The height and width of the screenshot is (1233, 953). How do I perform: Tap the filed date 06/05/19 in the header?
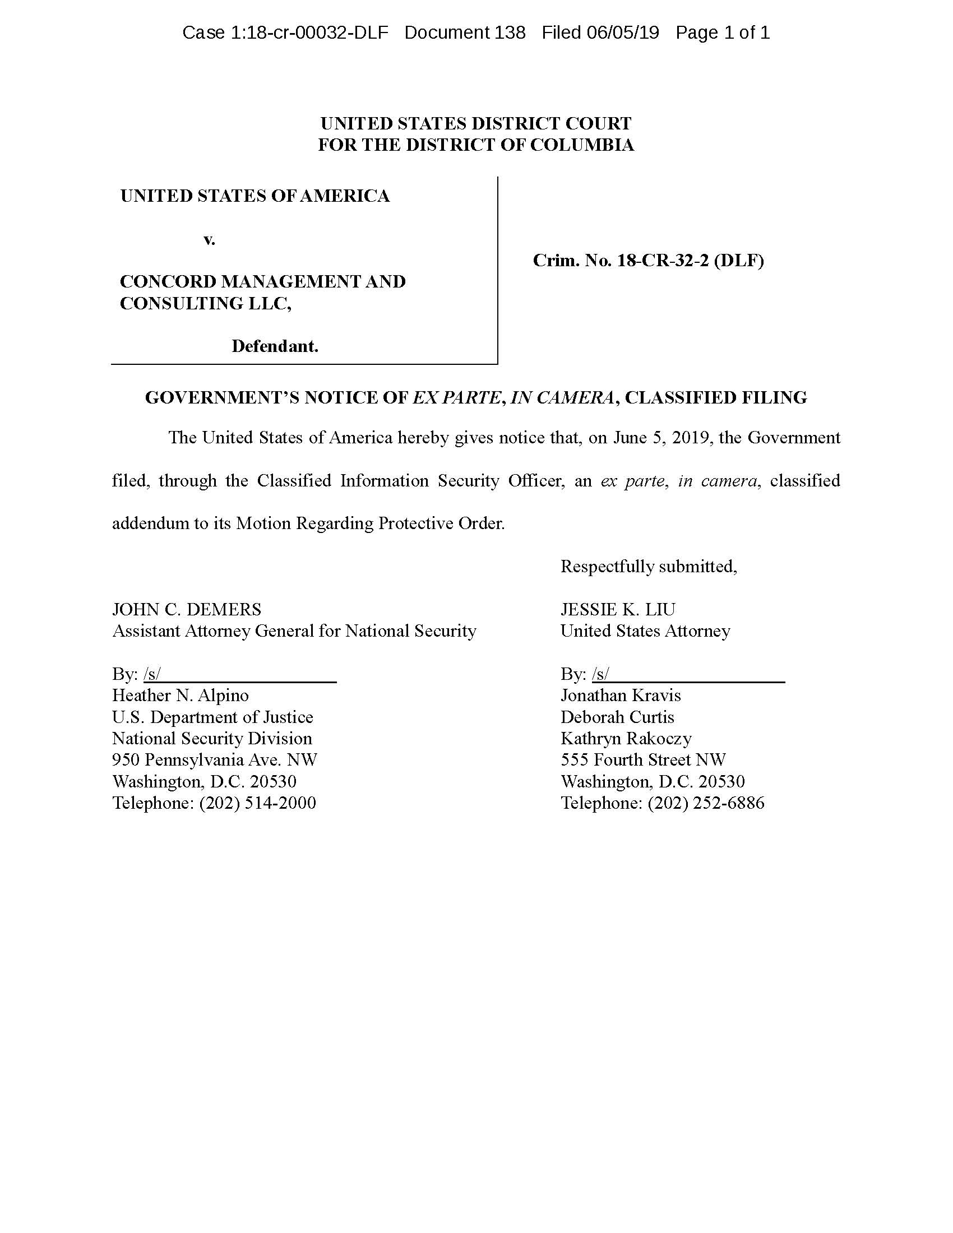622,33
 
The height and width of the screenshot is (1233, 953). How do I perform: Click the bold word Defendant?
275,346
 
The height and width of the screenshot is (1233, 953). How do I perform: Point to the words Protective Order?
441,523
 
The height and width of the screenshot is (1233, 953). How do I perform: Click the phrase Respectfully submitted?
649,566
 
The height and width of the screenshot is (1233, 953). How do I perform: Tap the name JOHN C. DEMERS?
187,609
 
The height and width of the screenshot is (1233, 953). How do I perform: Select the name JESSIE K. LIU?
618,609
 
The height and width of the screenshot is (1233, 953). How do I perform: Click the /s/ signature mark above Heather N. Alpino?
152,674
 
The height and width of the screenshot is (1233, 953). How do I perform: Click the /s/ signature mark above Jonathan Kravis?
601,674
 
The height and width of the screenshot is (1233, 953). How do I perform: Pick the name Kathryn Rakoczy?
626,739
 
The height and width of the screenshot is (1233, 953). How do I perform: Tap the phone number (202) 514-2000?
257,803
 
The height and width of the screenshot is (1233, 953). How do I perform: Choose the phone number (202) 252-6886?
706,803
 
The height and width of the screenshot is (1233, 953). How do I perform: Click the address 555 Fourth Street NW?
643,760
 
